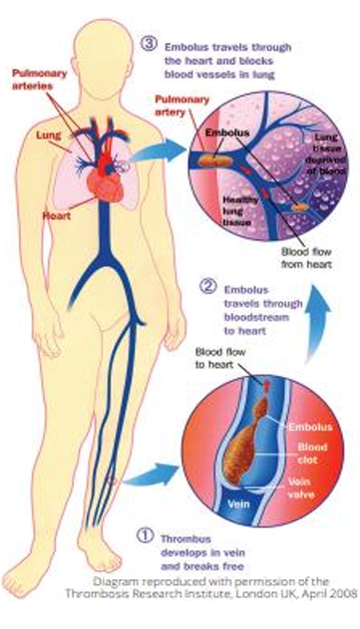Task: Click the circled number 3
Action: tap(148, 43)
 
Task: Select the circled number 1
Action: tap(145, 536)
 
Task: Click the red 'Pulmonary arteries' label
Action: tap(39, 80)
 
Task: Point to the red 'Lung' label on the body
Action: tap(48, 136)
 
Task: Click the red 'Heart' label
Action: tap(57, 215)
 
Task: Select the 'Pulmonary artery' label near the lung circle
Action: tap(181, 105)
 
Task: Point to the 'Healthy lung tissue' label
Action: tap(237, 210)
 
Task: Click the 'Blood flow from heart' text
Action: tap(306, 258)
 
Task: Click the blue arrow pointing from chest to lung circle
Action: tap(160, 153)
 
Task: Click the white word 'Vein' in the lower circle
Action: tap(238, 503)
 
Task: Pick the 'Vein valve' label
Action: tap(301, 487)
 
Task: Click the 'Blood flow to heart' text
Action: tap(220, 358)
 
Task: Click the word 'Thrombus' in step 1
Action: tap(185, 538)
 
